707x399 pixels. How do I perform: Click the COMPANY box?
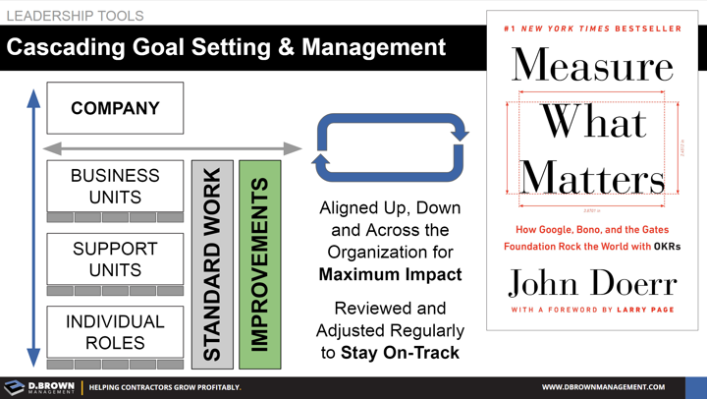(x=115, y=108)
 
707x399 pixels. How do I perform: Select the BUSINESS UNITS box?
(x=115, y=186)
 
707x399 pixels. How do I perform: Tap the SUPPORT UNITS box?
(x=115, y=259)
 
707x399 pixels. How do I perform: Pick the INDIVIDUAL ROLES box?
(x=115, y=332)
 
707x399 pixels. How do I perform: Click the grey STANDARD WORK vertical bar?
(x=212, y=264)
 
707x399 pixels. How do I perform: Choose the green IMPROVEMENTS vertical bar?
(x=259, y=264)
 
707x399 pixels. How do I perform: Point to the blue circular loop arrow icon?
(x=390, y=147)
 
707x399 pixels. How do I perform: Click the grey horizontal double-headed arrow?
(x=173, y=148)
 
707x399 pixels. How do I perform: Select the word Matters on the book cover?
(x=592, y=178)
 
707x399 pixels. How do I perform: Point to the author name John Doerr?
(x=592, y=283)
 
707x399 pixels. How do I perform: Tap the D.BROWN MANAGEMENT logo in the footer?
(x=40, y=387)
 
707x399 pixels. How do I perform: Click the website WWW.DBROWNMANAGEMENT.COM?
(x=603, y=387)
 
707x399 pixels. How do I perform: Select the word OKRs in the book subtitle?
(x=667, y=247)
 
